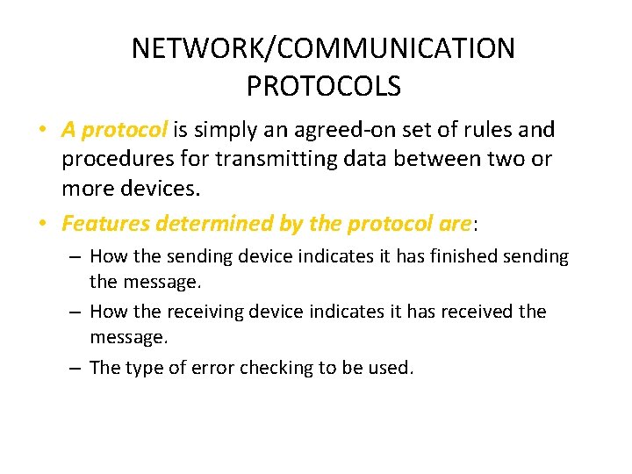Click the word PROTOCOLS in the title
point(323,86)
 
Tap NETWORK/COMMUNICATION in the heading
point(323,48)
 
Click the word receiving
point(200,312)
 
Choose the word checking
point(268,369)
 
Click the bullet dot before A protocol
point(42,131)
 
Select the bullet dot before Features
point(42,224)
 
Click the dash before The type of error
point(77,368)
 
